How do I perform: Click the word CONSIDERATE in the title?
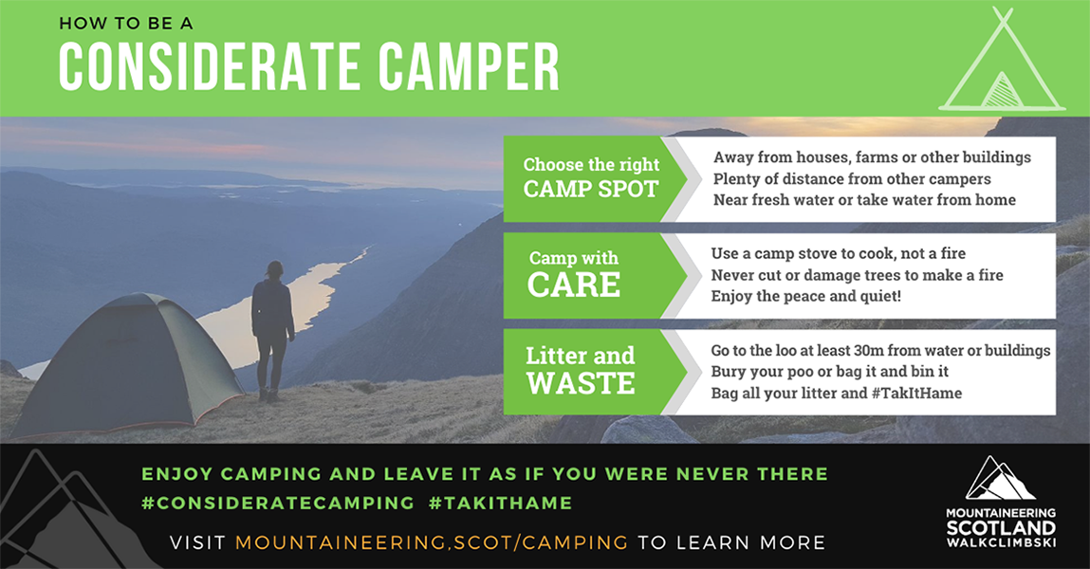coord(210,67)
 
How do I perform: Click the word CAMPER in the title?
coord(470,67)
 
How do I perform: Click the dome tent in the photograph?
coord(129,365)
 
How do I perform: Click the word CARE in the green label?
coord(574,284)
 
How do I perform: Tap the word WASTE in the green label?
coord(581,383)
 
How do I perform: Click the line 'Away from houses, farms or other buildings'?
coord(872,157)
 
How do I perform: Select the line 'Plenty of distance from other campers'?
coord(852,179)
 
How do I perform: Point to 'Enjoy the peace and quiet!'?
coord(805,297)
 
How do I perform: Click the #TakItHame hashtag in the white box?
coord(917,394)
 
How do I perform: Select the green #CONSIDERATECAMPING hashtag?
coord(278,503)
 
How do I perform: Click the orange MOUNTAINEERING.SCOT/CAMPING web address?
coord(432,542)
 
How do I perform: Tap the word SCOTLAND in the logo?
coord(1001,527)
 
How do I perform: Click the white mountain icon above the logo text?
coord(1000,479)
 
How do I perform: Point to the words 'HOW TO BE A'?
coord(126,24)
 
